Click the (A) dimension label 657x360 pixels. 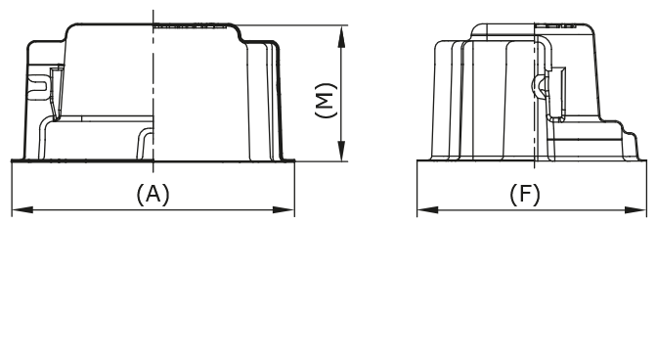click(x=153, y=194)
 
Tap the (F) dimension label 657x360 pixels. click(x=525, y=194)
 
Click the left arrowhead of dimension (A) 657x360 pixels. click(x=17, y=208)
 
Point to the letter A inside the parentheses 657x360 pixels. click(x=153, y=194)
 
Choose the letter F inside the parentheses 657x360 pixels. click(x=526, y=194)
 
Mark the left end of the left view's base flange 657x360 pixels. click(x=14, y=159)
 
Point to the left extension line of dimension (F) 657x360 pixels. click(x=417, y=186)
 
